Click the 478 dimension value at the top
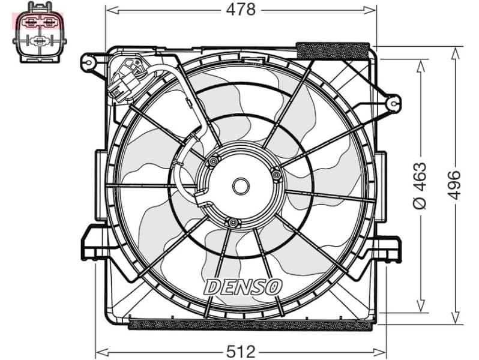click(241, 10)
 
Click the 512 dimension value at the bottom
click(240, 350)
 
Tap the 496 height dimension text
click(454, 184)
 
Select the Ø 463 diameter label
click(420, 185)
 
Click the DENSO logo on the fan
click(243, 287)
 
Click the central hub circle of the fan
click(241, 186)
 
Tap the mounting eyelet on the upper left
click(89, 61)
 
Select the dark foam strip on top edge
click(333, 50)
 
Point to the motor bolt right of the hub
click(276, 175)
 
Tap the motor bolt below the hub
click(233, 223)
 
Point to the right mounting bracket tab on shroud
click(388, 248)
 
